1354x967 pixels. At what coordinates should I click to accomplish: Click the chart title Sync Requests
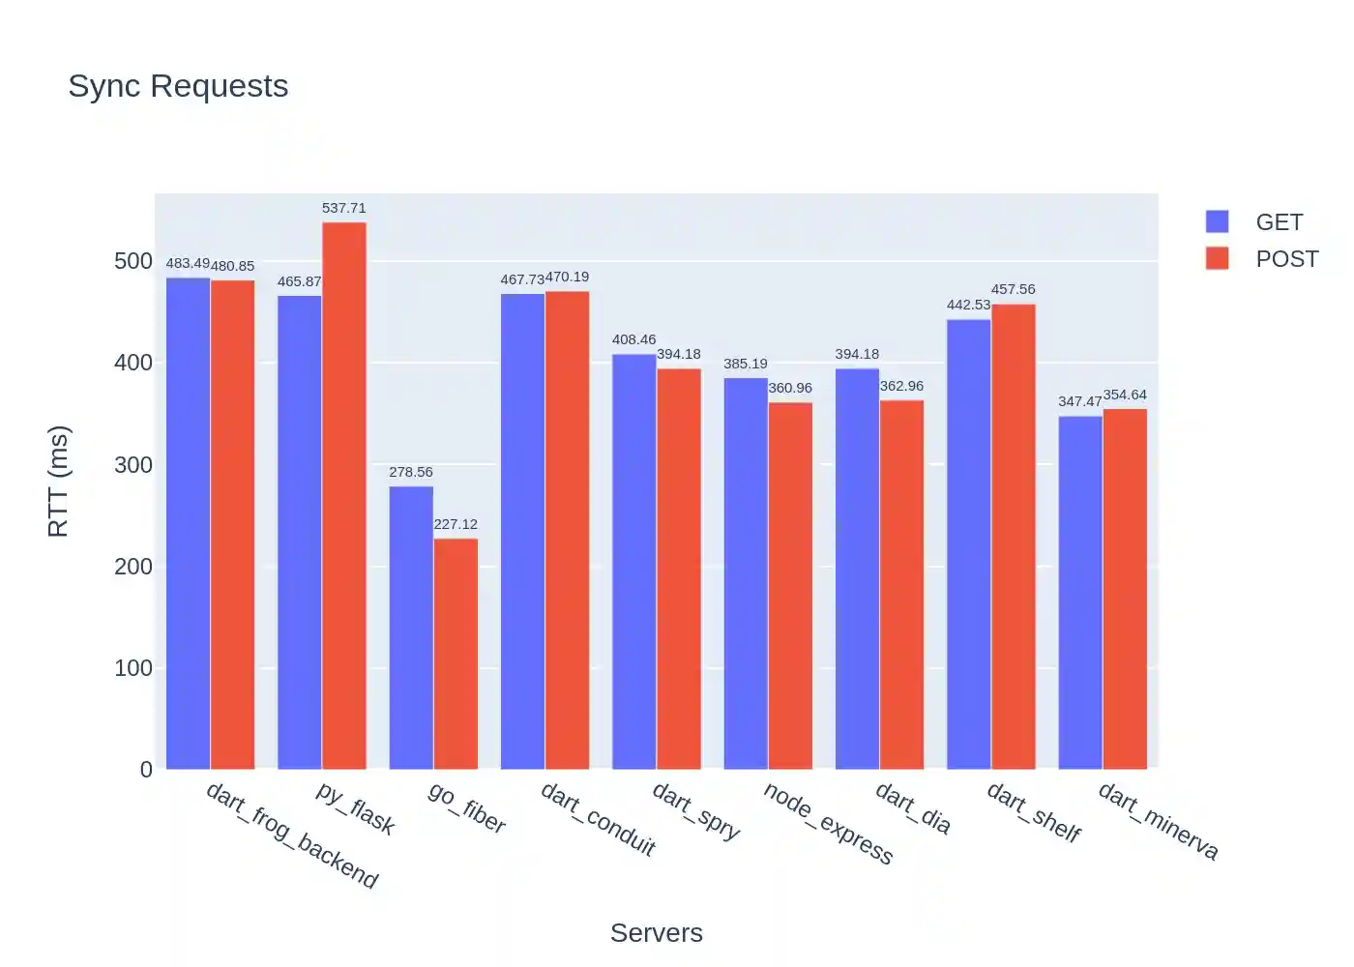click(178, 86)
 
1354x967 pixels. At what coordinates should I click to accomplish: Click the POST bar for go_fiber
click(456, 653)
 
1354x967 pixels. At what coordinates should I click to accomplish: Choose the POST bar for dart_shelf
click(1014, 537)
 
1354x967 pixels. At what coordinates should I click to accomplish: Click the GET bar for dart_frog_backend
click(188, 523)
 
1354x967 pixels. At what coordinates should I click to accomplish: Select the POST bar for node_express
click(790, 585)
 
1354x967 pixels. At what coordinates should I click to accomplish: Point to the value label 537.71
click(344, 208)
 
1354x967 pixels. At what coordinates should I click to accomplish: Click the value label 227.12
click(456, 524)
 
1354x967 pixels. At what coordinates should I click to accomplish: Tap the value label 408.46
click(633, 339)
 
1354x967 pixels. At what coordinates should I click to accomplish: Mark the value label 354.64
click(1125, 395)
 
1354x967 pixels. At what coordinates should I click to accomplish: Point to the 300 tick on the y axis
click(133, 465)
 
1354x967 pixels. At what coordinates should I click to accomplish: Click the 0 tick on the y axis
click(146, 770)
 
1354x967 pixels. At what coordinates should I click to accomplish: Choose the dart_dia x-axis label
click(914, 808)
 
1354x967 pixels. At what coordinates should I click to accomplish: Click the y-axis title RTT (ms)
click(59, 481)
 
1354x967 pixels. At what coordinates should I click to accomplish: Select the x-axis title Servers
click(656, 932)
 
